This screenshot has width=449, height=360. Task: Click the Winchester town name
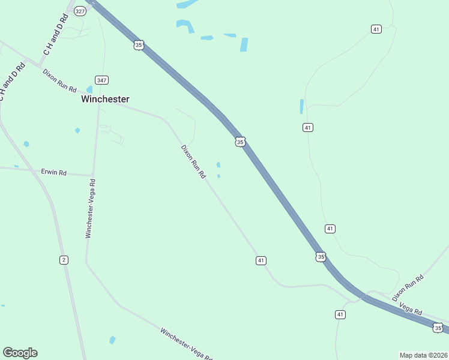point(105,99)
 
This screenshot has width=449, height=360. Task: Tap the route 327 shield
point(80,11)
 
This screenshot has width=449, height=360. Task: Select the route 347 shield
point(101,80)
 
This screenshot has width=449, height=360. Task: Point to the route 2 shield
point(64,259)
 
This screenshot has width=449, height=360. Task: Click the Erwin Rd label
point(53,172)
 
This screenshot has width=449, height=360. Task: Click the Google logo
point(20,353)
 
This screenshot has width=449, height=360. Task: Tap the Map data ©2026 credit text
point(423,355)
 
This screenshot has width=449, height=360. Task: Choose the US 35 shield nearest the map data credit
point(438,328)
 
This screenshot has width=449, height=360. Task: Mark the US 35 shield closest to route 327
point(139,45)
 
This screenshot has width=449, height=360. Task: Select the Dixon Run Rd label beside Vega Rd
point(408,287)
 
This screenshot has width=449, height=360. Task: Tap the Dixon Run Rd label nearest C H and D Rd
point(59,80)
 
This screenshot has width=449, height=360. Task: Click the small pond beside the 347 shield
point(89,90)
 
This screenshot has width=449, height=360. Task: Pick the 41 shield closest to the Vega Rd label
point(340,314)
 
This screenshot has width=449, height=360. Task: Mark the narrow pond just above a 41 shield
point(301,107)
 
